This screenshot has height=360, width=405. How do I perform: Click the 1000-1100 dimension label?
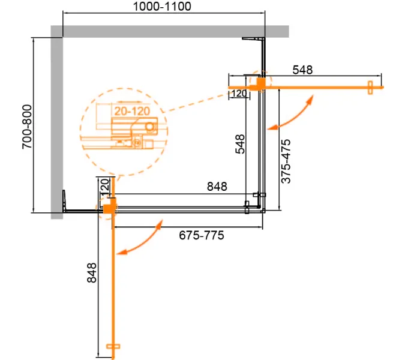coord(162,7)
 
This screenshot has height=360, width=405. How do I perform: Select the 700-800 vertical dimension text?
coord(27,127)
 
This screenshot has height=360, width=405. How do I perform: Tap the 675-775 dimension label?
coord(202,235)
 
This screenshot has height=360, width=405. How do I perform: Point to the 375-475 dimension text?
coord(286,161)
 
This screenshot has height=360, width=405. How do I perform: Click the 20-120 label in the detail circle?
coord(132,111)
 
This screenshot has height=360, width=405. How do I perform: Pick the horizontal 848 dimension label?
coord(217,186)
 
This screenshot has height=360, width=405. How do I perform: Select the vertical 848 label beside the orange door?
coord(92,273)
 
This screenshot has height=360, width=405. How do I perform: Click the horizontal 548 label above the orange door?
coord(302,70)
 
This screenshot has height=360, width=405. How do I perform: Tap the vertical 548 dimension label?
coord(240,144)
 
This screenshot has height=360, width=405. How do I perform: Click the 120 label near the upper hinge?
coord(239,93)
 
